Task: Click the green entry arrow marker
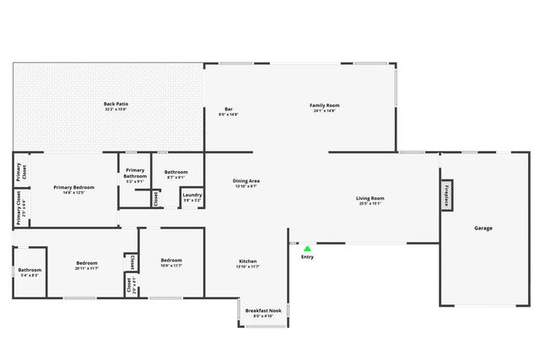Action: coord(307,249)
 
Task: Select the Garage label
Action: coord(483,228)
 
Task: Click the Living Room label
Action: coord(371,198)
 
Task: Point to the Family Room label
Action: coord(325,105)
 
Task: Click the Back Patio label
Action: coord(116,104)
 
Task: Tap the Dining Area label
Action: coord(246,181)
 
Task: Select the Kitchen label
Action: coord(247,261)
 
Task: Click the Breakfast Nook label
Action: coord(262,311)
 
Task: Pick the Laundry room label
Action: coord(192,196)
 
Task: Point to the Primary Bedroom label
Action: coord(73,187)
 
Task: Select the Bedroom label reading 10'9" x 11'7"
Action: coord(171,261)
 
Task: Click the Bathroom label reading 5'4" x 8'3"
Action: coord(30,271)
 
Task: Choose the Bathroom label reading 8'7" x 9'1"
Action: coord(176,172)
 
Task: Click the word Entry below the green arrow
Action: coord(307,257)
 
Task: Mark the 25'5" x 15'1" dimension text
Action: coord(371,203)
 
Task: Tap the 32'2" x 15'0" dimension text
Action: coord(116,110)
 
